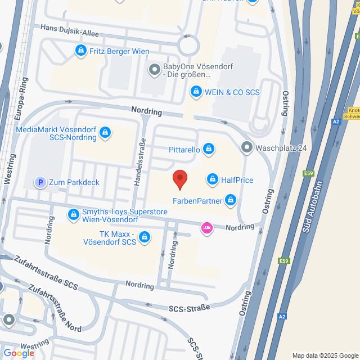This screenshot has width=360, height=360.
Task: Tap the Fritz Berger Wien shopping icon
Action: click(81, 51)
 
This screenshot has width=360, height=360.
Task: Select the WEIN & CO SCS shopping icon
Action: click(196, 91)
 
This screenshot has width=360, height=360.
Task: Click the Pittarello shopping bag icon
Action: click(209, 149)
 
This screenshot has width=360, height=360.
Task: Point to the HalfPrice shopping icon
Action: click(212, 179)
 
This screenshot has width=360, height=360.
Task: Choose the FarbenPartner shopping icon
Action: click(230, 199)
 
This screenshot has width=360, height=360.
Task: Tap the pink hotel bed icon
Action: click(206, 227)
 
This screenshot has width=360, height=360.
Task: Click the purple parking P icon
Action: click(40, 182)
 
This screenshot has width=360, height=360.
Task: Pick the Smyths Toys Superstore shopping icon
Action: click(74, 214)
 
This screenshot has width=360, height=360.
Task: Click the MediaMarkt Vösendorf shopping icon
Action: click(105, 133)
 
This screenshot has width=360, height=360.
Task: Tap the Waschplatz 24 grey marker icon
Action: click(246, 148)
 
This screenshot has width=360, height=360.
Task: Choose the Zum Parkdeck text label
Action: click(75, 182)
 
